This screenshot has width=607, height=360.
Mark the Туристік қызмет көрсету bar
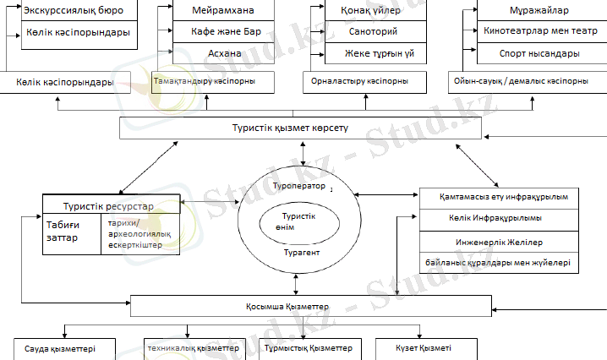pyautogui.click(x=301, y=128)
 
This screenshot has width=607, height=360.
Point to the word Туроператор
pyautogui.click(x=299, y=185)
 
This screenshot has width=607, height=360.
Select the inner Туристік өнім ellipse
pyautogui.click(x=299, y=222)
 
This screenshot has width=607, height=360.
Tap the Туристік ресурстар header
pyautogui.click(x=112, y=205)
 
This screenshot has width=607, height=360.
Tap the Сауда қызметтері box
pyautogui.click(x=59, y=348)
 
